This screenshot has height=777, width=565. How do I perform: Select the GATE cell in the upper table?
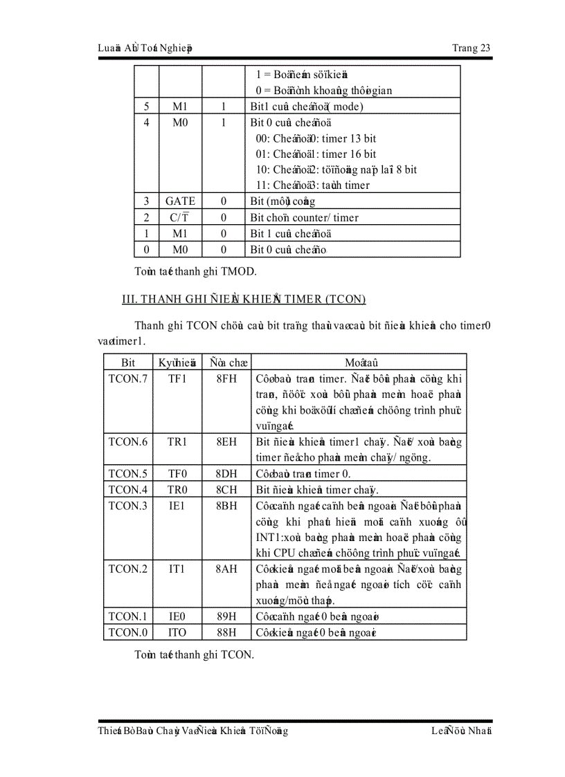[x=180, y=201]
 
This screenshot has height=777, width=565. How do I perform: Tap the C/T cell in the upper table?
[x=180, y=218]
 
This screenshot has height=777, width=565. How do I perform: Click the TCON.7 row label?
[x=128, y=379]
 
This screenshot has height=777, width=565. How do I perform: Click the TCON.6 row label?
[x=128, y=442]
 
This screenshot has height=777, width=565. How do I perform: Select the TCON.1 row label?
[x=128, y=616]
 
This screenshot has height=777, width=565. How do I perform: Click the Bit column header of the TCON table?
[x=128, y=363]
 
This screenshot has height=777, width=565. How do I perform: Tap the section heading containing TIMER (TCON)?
[x=244, y=299]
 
